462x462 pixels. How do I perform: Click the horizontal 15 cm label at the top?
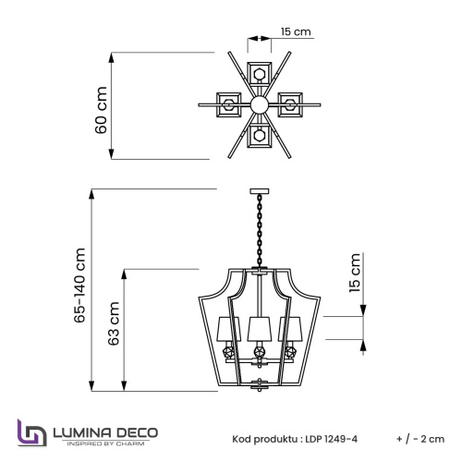tap(296, 32)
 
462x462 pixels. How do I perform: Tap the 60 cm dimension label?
tap(102, 110)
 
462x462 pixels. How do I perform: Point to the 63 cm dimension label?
tap(114, 324)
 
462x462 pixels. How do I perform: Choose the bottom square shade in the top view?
tap(260, 137)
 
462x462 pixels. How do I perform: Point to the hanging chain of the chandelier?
tap(258, 231)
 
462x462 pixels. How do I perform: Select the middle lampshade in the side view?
tap(258, 325)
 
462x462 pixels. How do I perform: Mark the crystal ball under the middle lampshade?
tap(258, 353)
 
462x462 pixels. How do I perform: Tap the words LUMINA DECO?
tap(104, 430)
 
